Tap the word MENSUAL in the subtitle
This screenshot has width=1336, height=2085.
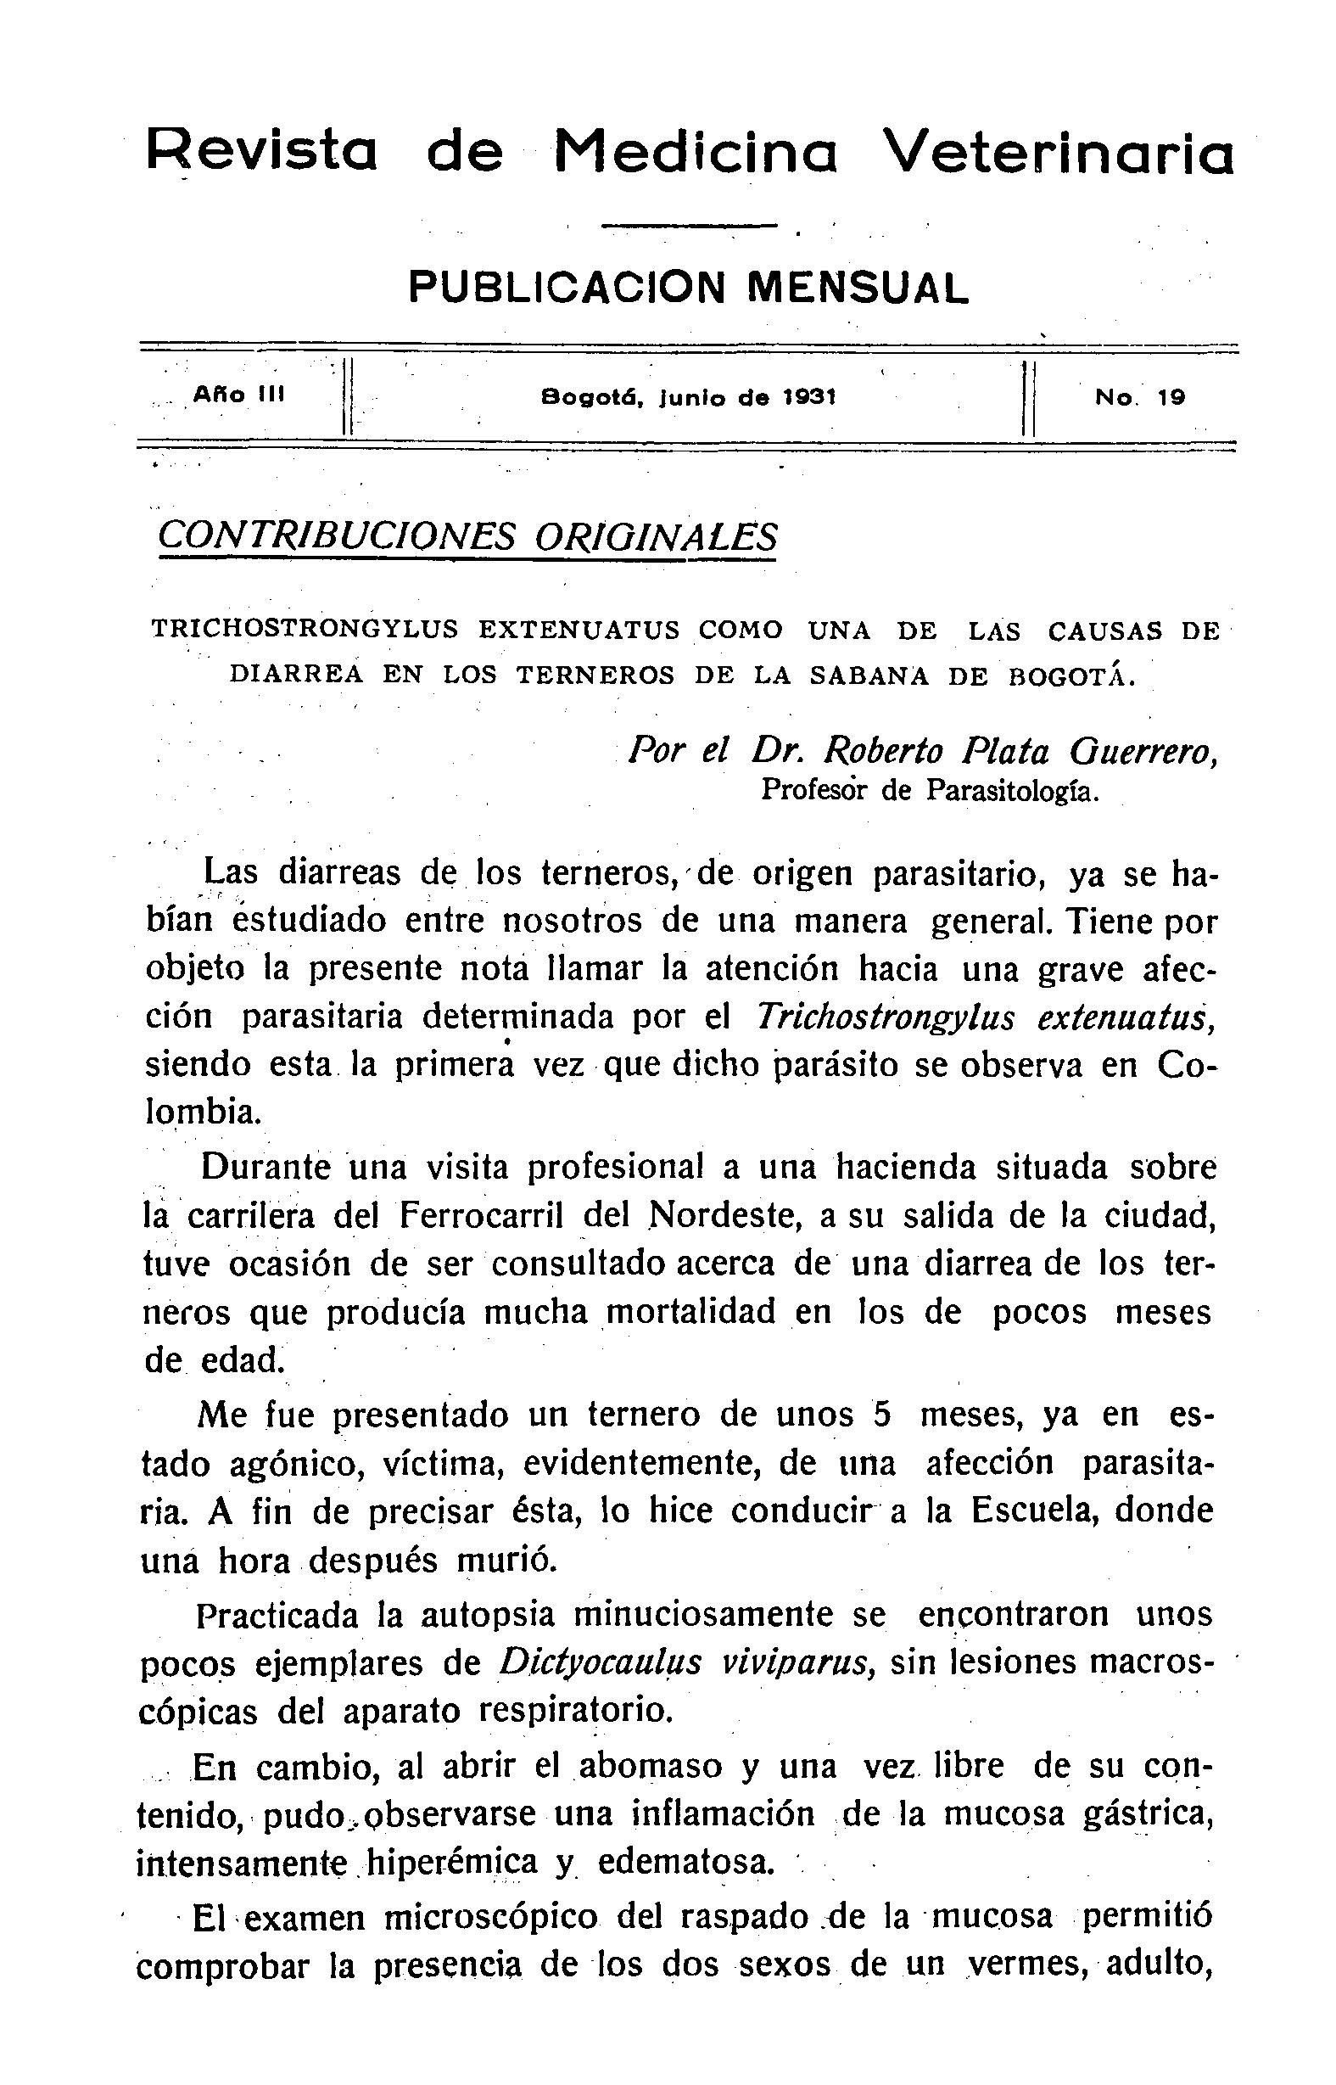point(857,288)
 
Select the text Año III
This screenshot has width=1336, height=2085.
point(239,395)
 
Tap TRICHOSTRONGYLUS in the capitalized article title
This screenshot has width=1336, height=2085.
point(305,630)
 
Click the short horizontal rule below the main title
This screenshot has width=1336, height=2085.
point(689,227)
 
